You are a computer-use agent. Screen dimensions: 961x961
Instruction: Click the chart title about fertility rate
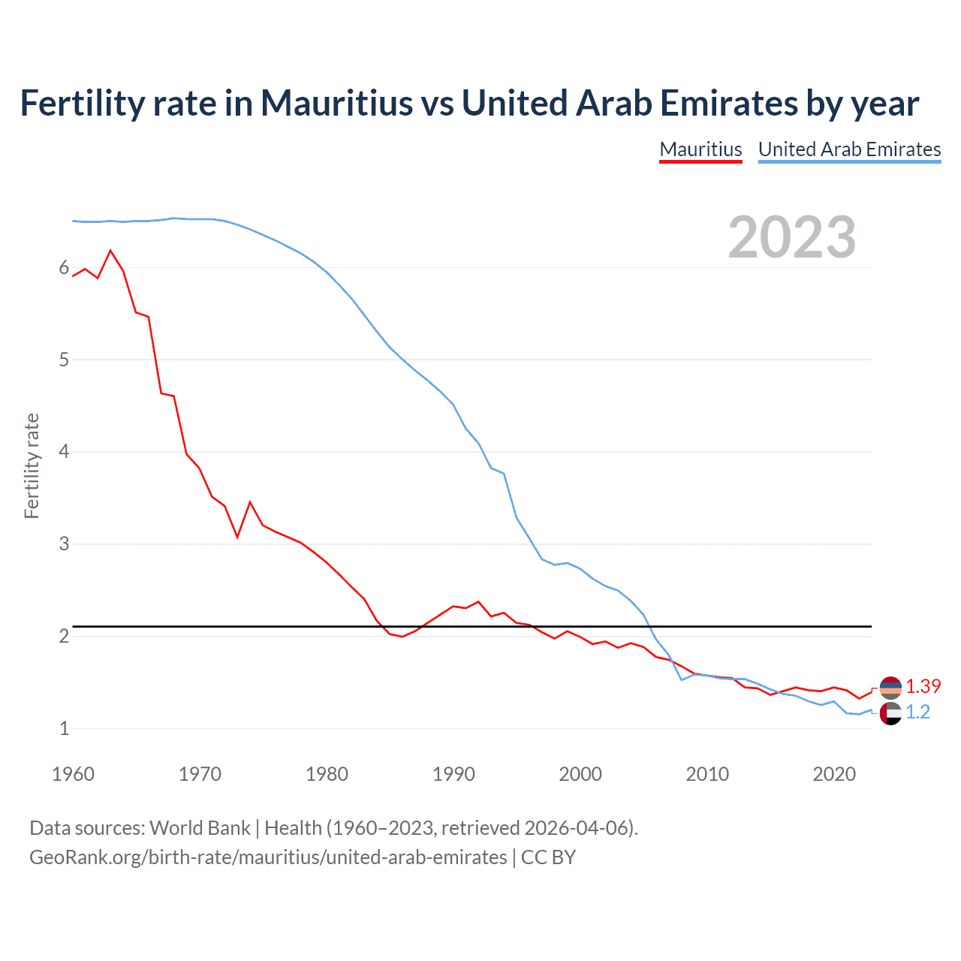pos(469,104)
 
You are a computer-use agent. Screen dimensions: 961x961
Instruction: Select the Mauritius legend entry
pos(700,149)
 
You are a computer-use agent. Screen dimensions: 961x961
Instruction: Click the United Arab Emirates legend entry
pos(849,149)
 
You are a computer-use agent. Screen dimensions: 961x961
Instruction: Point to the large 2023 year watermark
pos(791,237)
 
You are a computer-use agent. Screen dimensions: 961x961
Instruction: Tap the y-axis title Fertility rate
pos(32,465)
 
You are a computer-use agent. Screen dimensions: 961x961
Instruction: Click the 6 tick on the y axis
pos(64,268)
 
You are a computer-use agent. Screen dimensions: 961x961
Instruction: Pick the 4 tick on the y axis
pos(64,452)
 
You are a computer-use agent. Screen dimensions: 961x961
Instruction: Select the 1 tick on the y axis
pos(64,728)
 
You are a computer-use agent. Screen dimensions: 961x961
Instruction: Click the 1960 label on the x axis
pos(73,774)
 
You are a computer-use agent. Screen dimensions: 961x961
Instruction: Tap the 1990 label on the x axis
pos(453,774)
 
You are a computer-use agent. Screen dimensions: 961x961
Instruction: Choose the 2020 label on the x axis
pos(834,774)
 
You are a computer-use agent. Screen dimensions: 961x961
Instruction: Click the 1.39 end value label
pos(923,687)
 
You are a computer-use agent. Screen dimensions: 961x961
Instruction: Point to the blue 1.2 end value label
pos(917,712)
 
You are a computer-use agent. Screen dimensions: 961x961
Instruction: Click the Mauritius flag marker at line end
pos(890,687)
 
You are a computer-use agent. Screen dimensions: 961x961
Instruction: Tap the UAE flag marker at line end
pos(890,713)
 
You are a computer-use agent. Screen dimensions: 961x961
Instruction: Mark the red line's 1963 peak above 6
pos(111,250)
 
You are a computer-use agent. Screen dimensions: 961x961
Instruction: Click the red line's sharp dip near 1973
pos(237,537)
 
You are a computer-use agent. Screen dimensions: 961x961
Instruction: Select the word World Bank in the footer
pos(200,828)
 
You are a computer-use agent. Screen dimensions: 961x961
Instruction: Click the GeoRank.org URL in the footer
pos(268,857)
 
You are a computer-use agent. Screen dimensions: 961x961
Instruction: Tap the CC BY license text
pos(548,857)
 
